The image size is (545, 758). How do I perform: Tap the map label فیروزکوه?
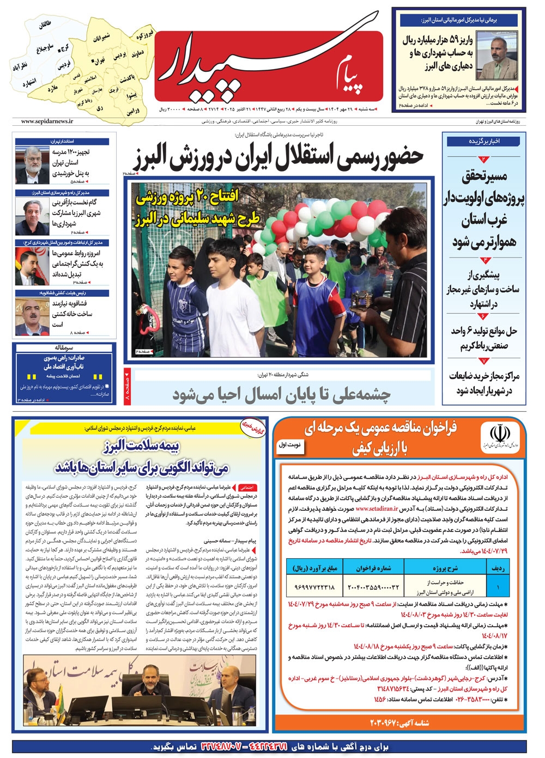[144, 34]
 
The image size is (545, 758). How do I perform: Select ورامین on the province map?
[133, 111]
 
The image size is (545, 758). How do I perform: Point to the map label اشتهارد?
[29, 83]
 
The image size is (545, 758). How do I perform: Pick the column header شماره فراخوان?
[373, 568]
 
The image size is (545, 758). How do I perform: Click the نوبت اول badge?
[290, 445]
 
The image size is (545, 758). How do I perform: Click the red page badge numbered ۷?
[484, 360]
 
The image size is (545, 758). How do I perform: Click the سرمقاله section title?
[65, 347]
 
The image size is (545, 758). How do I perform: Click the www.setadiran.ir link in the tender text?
[377, 509]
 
